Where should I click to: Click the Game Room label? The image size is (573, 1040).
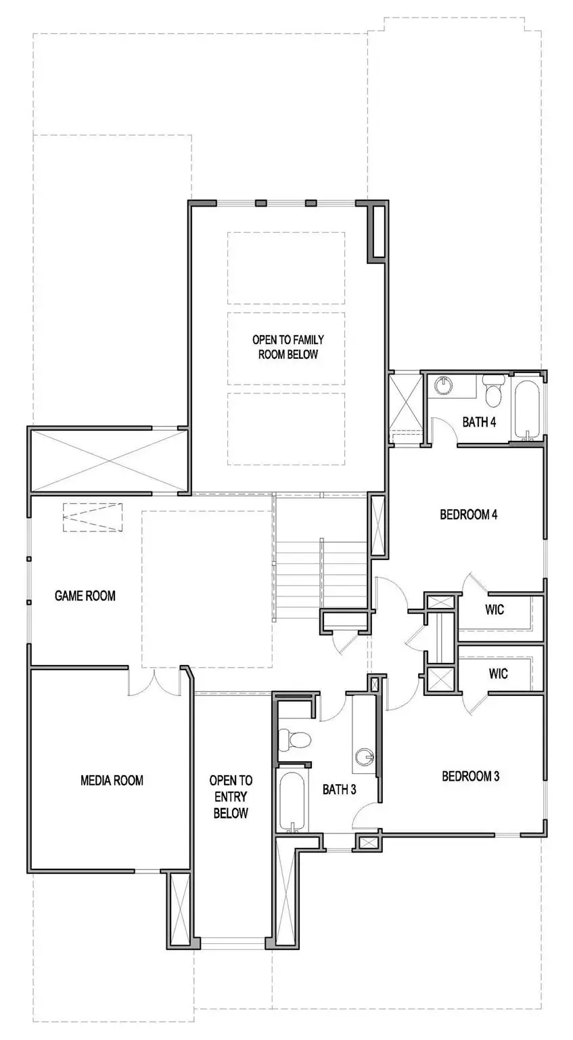coord(85,596)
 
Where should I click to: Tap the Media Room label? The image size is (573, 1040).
coord(112,780)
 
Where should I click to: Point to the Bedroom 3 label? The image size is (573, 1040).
coord(470,776)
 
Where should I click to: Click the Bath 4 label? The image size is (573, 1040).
coord(479,422)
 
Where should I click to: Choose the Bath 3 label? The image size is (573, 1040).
coord(339,789)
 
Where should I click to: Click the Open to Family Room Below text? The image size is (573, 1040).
coord(288,347)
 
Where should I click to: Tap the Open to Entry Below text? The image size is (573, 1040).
coord(231,797)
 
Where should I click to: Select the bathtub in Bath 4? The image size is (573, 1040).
coord(526,410)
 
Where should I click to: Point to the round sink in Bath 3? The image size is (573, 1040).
coord(365,756)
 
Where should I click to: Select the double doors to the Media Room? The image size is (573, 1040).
coord(154,682)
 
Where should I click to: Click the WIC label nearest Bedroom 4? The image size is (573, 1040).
coord(495,609)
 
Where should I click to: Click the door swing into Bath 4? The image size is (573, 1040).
coord(443,430)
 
